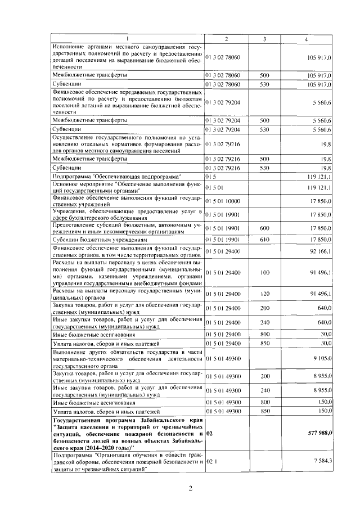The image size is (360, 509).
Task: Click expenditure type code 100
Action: click(x=265, y=272)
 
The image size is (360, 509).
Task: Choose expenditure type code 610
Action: click(x=265, y=240)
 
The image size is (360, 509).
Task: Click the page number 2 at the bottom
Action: click(x=190, y=488)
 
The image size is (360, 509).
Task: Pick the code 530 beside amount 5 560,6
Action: click(x=265, y=129)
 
